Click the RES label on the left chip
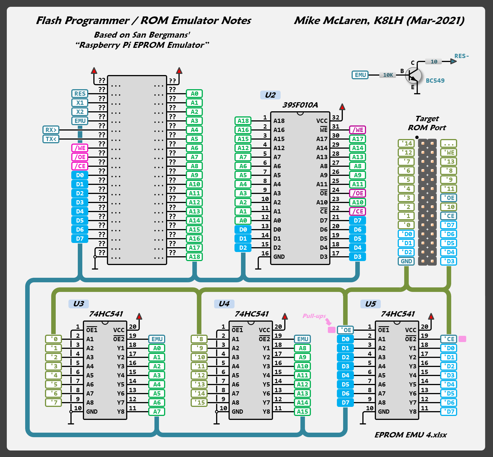point(80,94)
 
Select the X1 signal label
point(80,103)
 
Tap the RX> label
point(51,130)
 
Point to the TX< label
point(51,139)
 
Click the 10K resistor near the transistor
point(388,75)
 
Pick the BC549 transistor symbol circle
point(413,75)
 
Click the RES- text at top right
point(461,56)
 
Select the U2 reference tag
point(270,95)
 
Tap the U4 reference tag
point(224,304)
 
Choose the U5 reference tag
point(370,304)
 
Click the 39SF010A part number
point(300,105)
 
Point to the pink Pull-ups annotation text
point(314,316)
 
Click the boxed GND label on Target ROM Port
point(406,261)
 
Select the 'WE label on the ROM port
point(449,153)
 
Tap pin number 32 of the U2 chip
point(335,117)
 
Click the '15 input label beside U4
point(199,402)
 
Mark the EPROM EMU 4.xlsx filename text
point(410,435)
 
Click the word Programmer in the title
point(97,21)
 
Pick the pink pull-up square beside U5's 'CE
point(462,339)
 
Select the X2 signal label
point(80,112)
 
